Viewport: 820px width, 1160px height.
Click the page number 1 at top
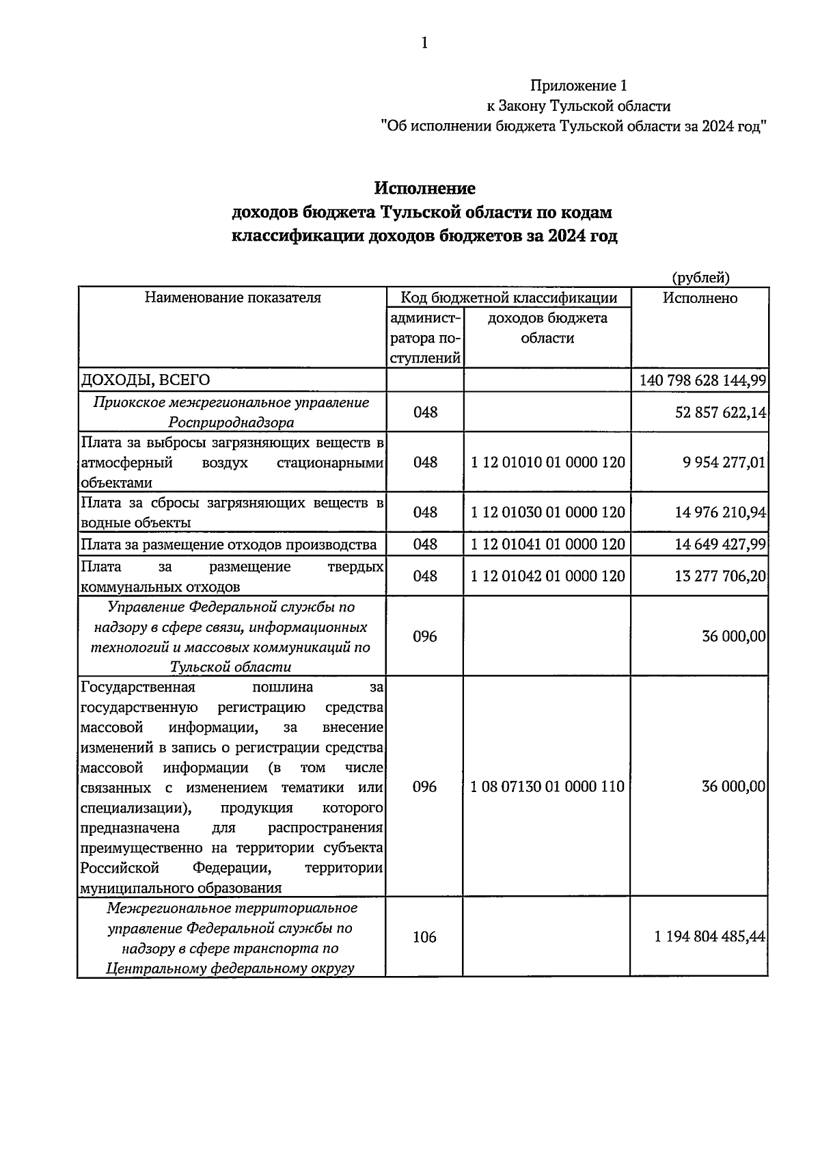tap(424, 44)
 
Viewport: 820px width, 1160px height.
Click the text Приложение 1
tap(578, 85)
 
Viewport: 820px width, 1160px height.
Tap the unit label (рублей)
tap(700, 277)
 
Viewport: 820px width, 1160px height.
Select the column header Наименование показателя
tap(232, 298)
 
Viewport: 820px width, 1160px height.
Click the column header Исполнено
tap(700, 298)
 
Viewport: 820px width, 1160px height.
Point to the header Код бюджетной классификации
tap(508, 298)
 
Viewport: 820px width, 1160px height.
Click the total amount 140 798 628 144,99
tap(702, 380)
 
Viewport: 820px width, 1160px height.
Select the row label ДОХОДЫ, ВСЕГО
tap(146, 380)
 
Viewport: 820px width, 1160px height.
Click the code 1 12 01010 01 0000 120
tap(548, 462)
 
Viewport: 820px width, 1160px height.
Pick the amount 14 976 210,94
tap(720, 512)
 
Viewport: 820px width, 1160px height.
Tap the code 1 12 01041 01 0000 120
tap(548, 544)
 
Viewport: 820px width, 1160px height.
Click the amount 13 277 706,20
tap(720, 576)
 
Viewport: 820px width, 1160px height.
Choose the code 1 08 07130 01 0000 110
tap(547, 787)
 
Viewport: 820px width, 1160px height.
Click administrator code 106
tap(424, 937)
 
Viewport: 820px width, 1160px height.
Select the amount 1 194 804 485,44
tap(709, 937)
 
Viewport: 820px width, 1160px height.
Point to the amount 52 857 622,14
tap(720, 412)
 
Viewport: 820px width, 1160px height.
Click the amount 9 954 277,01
tap(724, 462)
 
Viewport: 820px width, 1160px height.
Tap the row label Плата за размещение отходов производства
tap(229, 544)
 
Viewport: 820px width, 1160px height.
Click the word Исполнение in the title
tap(424, 187)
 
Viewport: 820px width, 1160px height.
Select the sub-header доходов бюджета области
tap(547, 328)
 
